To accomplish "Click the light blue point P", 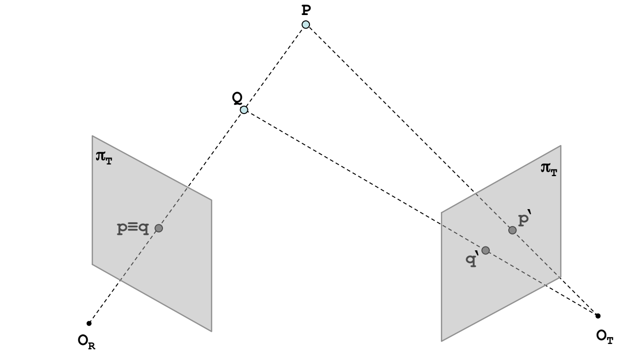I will [x=306, y=25].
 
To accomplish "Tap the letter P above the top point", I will [x=306, y=9].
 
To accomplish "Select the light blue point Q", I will [x=244, y=110].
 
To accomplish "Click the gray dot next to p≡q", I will [x=158, y=228].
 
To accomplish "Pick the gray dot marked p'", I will [x=512, y=230].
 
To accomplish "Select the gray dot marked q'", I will [x=485, y=250].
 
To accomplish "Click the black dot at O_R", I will [x=89, y=323].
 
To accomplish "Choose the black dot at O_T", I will [x=598, y=316].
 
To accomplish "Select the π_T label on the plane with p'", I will [x=548, y=169].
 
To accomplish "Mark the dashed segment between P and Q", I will [x=275, y=67].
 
